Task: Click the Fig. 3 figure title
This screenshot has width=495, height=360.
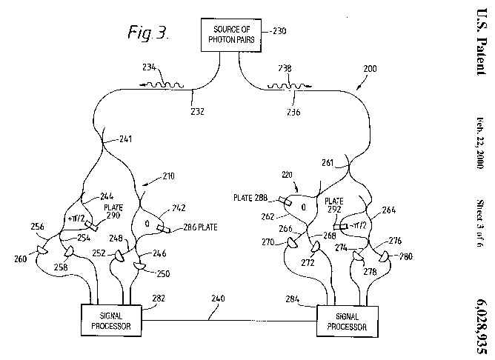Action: point(148,33)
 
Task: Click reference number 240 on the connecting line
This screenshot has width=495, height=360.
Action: point(217,299)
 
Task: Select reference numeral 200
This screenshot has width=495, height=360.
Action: point(369,68)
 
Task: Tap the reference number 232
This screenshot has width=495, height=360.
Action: point(196,111)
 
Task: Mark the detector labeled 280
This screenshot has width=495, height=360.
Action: point(384,256)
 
